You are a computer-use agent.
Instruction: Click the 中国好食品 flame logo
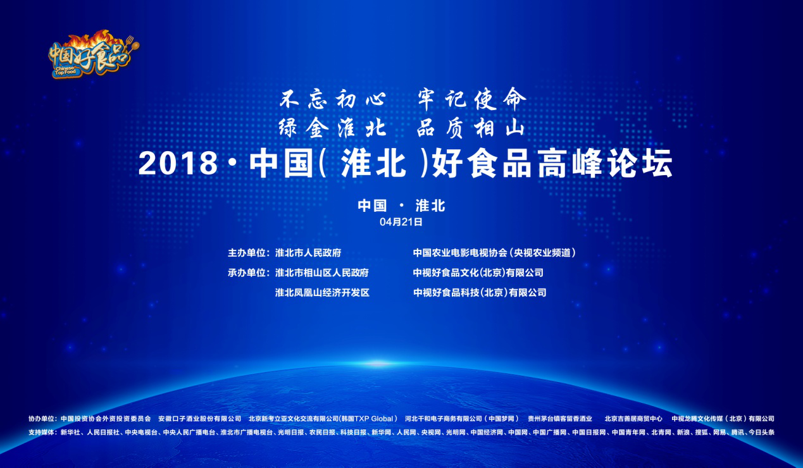coord(94,54)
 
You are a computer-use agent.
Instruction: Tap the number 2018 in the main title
coord(178,164)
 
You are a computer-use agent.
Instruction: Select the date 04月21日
coord(401,222)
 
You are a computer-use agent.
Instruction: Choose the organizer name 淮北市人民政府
coord(308,253)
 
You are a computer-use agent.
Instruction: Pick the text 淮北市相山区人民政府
coord(322,273)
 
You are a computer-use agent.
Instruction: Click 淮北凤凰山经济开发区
coord(322,293)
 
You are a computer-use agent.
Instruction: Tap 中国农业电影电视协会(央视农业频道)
coord(494,253)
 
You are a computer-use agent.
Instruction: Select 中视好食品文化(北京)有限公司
coord(478,273)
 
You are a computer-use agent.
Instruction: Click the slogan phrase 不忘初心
coord(333,99)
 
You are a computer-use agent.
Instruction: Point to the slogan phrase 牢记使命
coord(472,99)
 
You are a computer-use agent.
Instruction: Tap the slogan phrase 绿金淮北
coord(332,128)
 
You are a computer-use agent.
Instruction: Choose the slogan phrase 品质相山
coord(471,128)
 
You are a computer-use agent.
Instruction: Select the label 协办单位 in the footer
coord(41,419)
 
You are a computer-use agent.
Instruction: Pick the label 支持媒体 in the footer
coord(41,433)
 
